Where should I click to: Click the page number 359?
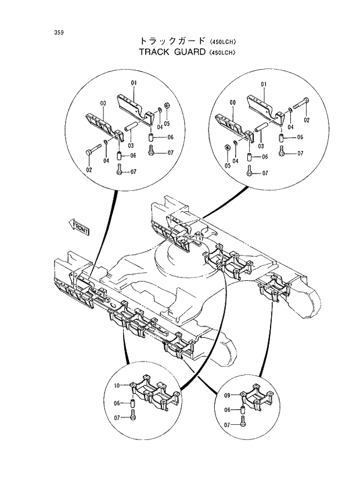point(59,32)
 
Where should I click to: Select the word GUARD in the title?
point(189,52)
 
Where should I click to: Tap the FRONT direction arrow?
point(80,227)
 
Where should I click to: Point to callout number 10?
point(116,385)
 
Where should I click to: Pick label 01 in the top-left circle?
point(133,84)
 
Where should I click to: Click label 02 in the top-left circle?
point(89,169)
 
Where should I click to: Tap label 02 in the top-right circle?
point(307,120)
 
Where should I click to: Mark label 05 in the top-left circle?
point(166,124)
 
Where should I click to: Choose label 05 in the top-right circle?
point(228,165)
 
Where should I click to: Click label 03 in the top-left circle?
point(131,145)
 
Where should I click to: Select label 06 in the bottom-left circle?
point(116,403)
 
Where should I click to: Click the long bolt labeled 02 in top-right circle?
point(301,106)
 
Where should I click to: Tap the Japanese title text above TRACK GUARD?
point(172,41)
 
